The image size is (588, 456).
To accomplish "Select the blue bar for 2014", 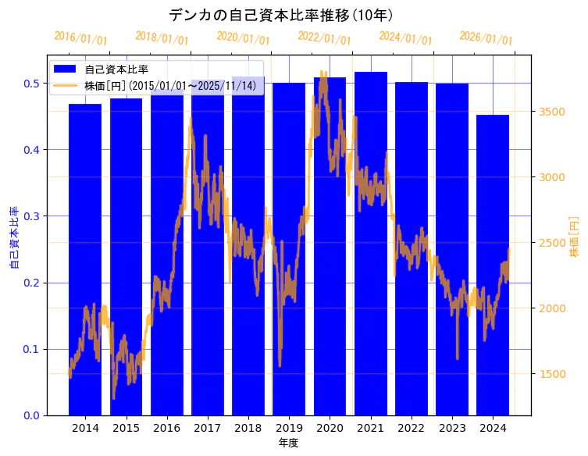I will pos(85,258).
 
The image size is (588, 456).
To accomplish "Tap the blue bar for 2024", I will pos(493,265).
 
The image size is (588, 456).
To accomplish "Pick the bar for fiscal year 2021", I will pos(371,242).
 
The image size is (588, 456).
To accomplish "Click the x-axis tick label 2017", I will pos(207,429).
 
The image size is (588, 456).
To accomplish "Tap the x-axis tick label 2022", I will pos(412,429).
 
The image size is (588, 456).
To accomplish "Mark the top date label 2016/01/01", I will pos(81,37).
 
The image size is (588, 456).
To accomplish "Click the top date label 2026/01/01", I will pos(486,37).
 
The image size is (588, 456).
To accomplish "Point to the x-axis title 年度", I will pos(289,443).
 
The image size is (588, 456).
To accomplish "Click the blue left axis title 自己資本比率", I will pos(14,238).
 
